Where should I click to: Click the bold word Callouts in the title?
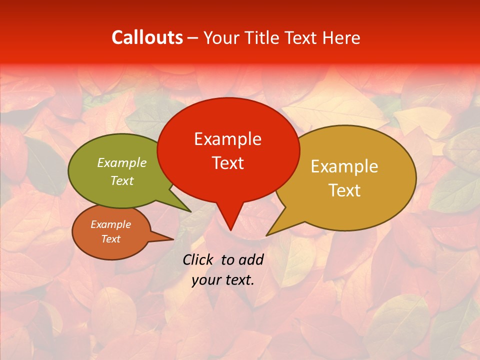pos(147,37)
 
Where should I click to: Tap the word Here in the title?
pos(341,37)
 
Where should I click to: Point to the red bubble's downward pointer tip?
pos(230,229)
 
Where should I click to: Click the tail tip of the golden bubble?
pos(267,234)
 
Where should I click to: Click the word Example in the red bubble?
pos(227,139)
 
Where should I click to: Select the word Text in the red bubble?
pos(227,163)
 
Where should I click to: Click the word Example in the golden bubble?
pos(344,166)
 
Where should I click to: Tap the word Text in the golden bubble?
pos(344,190)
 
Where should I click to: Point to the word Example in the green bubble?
pos(122,163)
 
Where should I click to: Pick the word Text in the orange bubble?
pos(111,239)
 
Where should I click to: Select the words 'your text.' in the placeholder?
pos(223,280)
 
